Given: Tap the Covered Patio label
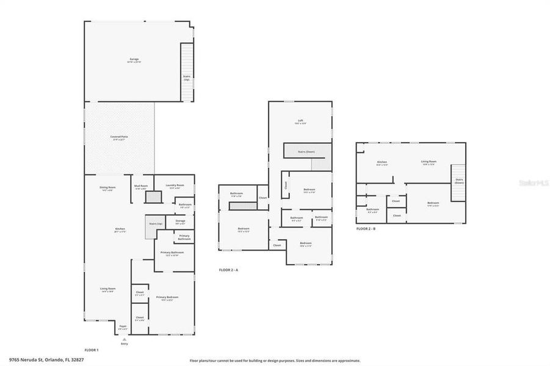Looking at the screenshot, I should point(119,138).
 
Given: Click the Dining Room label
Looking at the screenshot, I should point(107,188).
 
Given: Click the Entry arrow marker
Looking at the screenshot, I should point(125,339).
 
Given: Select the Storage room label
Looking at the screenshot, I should point(180,222).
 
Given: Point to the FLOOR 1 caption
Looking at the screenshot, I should point(92,350).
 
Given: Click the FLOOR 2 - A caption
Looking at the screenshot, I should point(228,270).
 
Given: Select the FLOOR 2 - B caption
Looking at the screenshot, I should point(366,229).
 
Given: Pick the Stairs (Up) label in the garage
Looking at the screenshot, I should point(187,77).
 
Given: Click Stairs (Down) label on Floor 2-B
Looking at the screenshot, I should point(459,181).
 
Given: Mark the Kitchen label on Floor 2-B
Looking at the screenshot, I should point(382,163).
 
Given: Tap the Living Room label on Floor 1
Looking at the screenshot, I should point(108,290).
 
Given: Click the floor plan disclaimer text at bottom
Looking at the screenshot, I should point(275,361).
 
